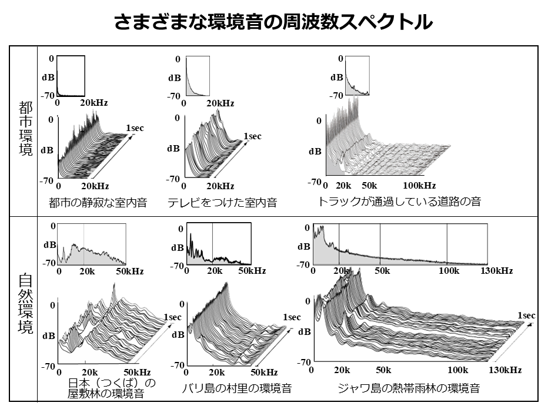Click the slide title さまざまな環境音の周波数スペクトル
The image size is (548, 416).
pyautogui.click(x=273, y=22)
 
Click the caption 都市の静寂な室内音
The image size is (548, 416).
pyautogui.click(x=98, y=202)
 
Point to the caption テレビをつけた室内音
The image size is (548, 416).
pyautogui.click(x=222, y=202)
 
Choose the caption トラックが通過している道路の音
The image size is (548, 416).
pyautogui.click(x=399, y=202)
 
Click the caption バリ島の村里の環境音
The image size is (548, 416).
pyautogui.click(x=236, y=388)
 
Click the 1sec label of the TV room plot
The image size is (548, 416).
pyautogui.click(x=252, y=136)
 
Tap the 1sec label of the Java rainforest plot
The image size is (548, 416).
pyautogui.click(x=526, y=316)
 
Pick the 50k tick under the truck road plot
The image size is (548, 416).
pyautogui.click(x=369, y=186)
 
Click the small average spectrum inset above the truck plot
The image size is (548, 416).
pyautogui.click(x=357, y=75)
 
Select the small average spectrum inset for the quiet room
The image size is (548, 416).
pyautogui.click(x=71, y=76)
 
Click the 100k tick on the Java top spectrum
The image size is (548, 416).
pyautogui.click(x=449, y=271)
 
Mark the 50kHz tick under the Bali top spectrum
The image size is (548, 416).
pyautogui.click(x=252, y=271)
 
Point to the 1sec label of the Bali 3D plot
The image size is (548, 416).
pyautogui.click(x=292, y=317)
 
